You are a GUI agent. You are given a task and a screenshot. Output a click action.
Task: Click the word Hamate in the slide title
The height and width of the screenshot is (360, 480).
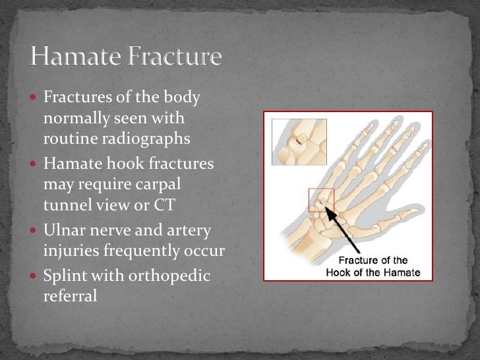75,57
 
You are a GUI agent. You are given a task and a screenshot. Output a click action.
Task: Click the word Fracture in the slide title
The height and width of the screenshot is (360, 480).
173,57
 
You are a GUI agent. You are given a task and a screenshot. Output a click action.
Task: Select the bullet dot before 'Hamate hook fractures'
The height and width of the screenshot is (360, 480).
36,164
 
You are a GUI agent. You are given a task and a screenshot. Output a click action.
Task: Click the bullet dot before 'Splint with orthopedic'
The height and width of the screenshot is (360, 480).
36,276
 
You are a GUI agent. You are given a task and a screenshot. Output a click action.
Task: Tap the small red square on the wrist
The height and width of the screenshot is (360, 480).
322,200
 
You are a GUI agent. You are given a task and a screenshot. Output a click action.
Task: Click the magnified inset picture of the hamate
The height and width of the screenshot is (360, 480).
299,142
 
